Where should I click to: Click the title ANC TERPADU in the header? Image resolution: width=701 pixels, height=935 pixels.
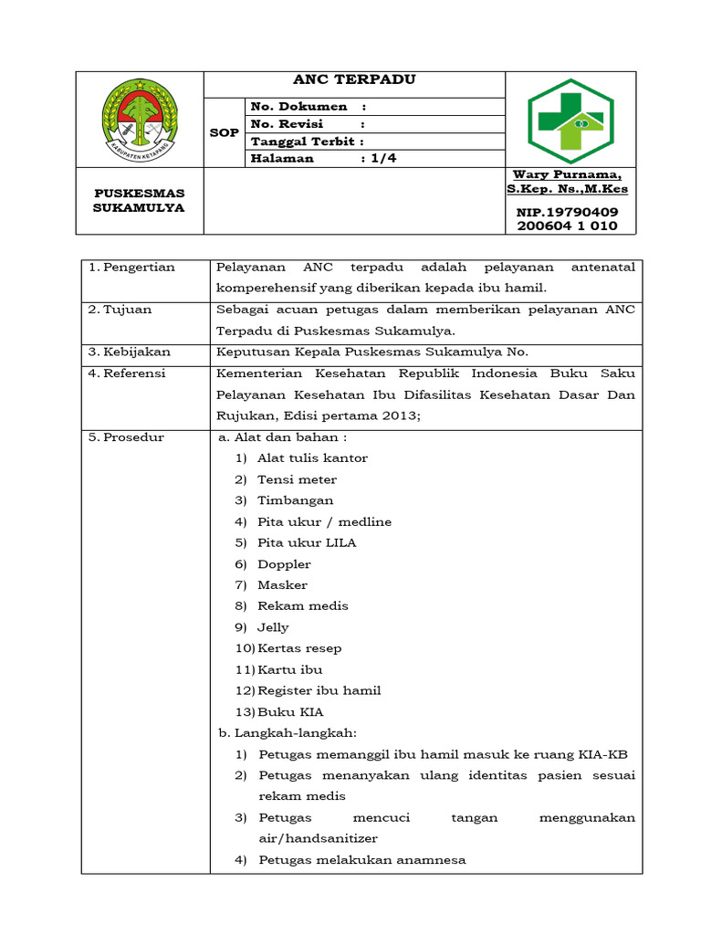coord(353,80)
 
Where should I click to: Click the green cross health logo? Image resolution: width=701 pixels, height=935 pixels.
coord(571,118)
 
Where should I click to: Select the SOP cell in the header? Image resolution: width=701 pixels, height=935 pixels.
coord(225,132)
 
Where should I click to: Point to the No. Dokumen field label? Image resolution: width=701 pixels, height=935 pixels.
coord(298,107)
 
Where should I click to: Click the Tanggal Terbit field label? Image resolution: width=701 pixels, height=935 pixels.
coord(307,142)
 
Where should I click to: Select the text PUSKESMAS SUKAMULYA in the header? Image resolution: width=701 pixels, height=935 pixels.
coord(140,200)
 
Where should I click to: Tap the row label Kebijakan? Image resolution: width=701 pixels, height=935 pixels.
coord(136,352)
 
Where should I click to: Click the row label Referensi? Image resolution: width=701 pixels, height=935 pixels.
coord(136,373)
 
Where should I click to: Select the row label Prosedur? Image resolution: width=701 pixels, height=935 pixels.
coord(133,437)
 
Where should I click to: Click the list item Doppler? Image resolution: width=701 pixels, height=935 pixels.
coord(284,564)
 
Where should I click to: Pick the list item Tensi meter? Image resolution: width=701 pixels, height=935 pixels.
coord(297,479)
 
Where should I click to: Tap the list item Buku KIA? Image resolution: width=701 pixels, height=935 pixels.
coord(290,712)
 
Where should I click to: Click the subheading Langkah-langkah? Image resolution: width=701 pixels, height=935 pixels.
coord(294,733)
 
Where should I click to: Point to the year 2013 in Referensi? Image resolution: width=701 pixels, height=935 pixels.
coord(403,415)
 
